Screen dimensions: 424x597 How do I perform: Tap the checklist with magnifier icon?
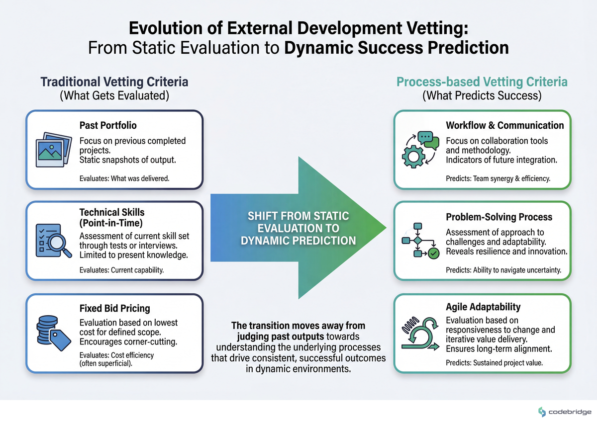tap(53, 241)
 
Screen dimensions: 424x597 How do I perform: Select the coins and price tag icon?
tap(53, 332)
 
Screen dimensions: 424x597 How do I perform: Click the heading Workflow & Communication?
tap(504, 125)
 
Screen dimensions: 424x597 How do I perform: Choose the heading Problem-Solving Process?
tap(498, 217)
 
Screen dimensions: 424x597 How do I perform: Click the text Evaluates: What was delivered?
tap(124, 177)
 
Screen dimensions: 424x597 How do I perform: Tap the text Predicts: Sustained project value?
tap(494, 362)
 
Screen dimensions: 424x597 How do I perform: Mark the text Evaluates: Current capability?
tap(122, 270)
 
